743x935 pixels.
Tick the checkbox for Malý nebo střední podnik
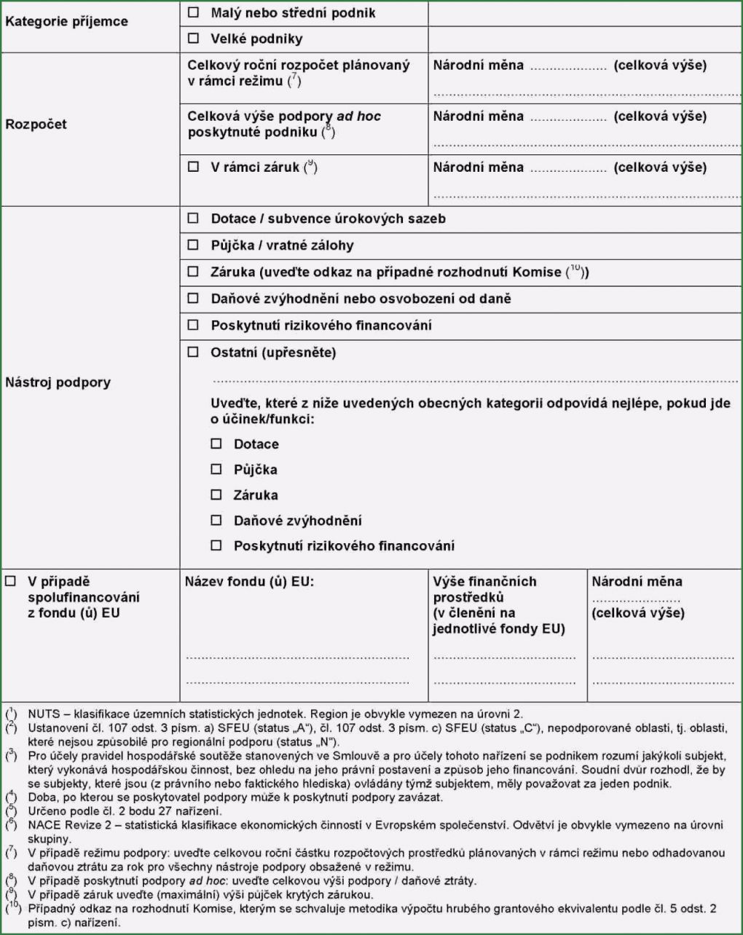[193, 12]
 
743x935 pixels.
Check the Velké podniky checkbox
[193, 39]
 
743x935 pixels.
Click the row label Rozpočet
[36, 124]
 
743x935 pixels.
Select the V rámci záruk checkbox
[193, 167]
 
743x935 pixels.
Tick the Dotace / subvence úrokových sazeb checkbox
[193, 218]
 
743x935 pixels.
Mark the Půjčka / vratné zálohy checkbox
[193, 245]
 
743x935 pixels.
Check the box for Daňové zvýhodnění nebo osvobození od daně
[193, 299]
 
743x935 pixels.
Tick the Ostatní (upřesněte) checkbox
[193, 352]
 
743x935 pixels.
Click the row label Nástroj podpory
[58, 382]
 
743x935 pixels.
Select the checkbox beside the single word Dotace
[216, 443]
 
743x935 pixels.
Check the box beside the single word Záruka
[216, 495]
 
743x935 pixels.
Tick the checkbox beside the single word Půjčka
[216, 470]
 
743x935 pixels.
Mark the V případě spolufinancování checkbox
[10, 582]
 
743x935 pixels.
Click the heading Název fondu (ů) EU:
[249, 582]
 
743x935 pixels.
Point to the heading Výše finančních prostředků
[484, 589]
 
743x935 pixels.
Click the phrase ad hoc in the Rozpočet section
[358, 117]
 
